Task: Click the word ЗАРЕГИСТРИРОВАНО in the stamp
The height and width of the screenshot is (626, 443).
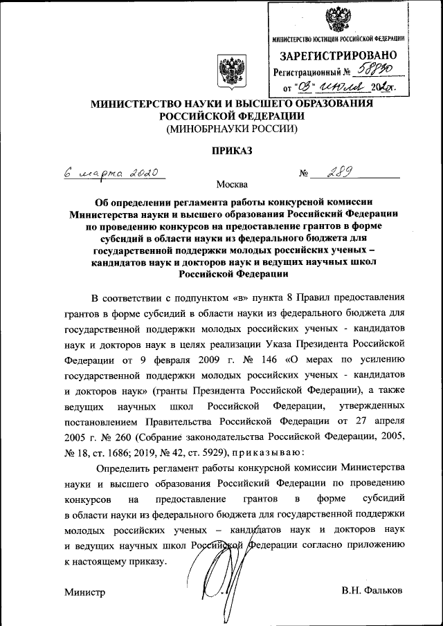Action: click(338, 55)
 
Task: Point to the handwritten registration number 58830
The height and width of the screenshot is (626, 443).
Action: click(374, 70)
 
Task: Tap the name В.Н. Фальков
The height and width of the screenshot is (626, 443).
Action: click(372, 591)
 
